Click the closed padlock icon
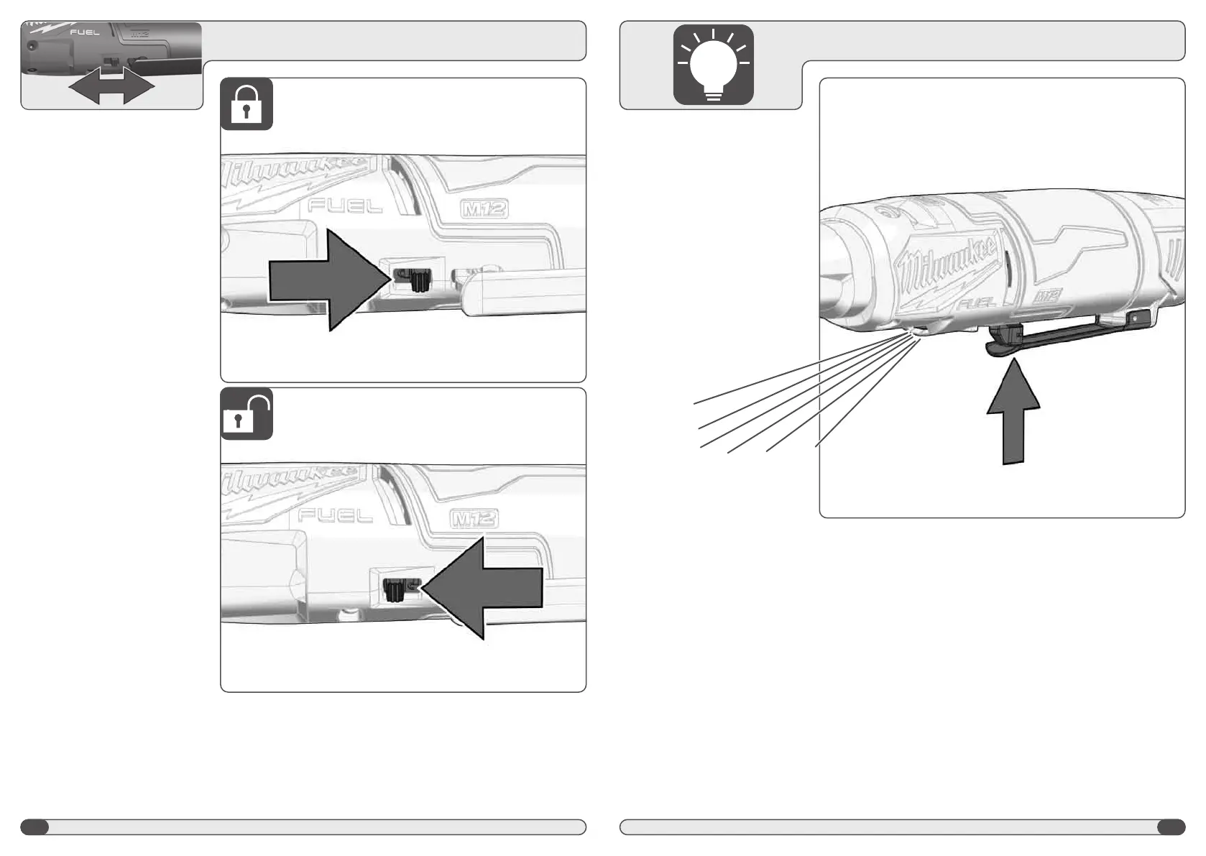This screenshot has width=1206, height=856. point(247,105)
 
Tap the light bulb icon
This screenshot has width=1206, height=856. point(713,65)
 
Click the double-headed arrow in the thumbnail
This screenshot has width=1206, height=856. point(111,87)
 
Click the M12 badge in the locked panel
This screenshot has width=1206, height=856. point(484,209)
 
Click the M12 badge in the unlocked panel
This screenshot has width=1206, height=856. point(474,519)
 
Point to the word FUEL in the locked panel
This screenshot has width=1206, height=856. point(345,206)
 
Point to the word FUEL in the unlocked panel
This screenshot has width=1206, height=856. point(335,515)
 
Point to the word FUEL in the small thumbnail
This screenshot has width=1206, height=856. point(84,32)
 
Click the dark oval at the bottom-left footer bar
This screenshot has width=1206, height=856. point(34,827)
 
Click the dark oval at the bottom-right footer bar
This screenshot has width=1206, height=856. point(1171,827)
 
